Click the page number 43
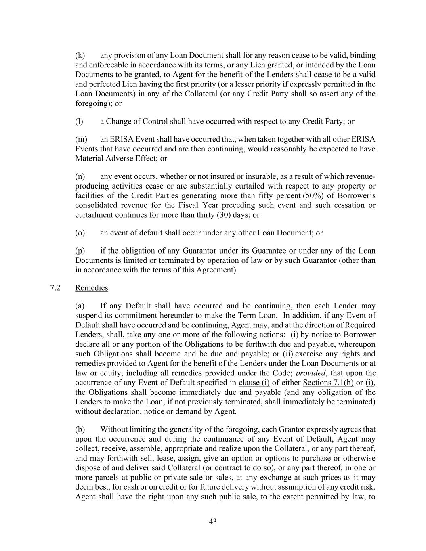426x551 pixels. click(213, 522)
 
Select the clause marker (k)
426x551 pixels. click(80, 55)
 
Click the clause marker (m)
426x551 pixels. click(81, 139)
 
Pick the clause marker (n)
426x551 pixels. click(80, 176)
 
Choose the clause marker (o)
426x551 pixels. click(80, 233)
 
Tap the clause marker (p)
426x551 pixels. click(80, 251)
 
